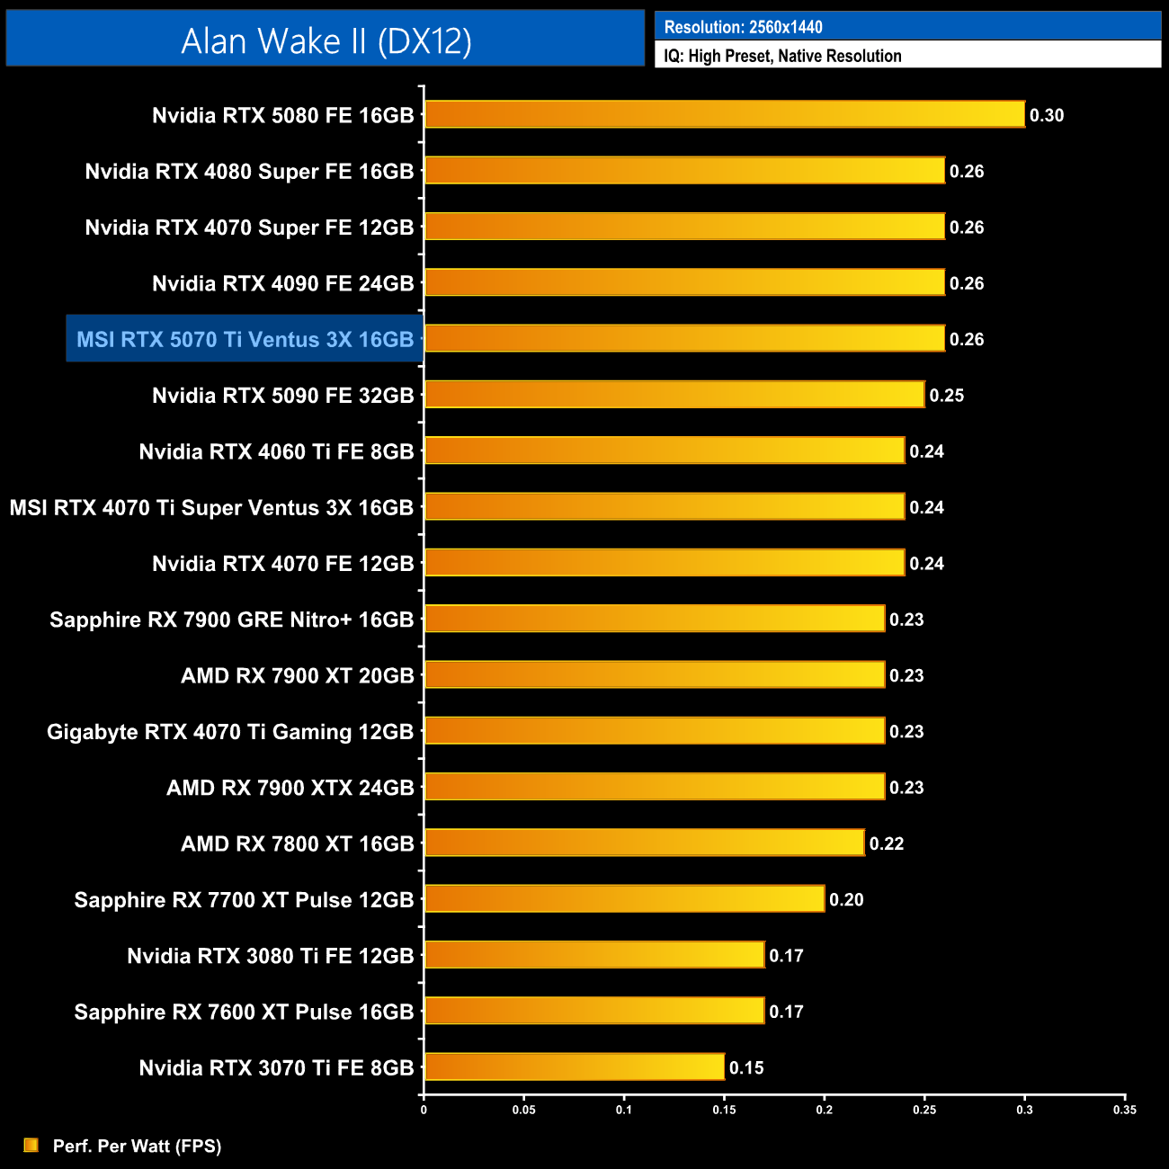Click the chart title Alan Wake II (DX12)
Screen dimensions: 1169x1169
(326, 40)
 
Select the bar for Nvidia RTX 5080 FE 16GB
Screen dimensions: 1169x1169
(724, 114)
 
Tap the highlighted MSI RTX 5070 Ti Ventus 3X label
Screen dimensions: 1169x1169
(245, 339)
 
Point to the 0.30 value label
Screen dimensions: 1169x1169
(1047, 115)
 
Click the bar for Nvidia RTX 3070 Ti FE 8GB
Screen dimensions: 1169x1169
(574, 1066)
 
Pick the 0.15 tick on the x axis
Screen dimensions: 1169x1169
(724, 1110)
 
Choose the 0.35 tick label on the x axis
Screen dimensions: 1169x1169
(1124, 1110)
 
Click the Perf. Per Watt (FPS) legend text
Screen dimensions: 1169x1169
(137, 1146)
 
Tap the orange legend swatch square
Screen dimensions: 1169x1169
(31, 1145)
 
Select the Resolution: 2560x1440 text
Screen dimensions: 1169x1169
(743, 27)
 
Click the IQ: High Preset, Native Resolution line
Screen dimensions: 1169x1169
(782, 56)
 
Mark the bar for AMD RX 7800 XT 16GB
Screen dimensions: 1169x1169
(644, 843)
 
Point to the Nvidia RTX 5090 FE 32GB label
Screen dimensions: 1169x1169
(282, 396)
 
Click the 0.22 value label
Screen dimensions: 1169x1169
(886, 843)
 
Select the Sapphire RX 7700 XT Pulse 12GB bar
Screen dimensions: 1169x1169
(624, 898)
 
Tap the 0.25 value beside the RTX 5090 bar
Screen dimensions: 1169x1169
(946, 396)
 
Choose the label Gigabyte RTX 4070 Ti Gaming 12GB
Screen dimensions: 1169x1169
(230, 732)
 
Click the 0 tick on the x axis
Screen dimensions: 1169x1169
(424, 1110)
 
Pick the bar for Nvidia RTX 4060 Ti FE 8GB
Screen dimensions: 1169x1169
(664, 451)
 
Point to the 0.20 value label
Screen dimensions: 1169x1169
(846, 899)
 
